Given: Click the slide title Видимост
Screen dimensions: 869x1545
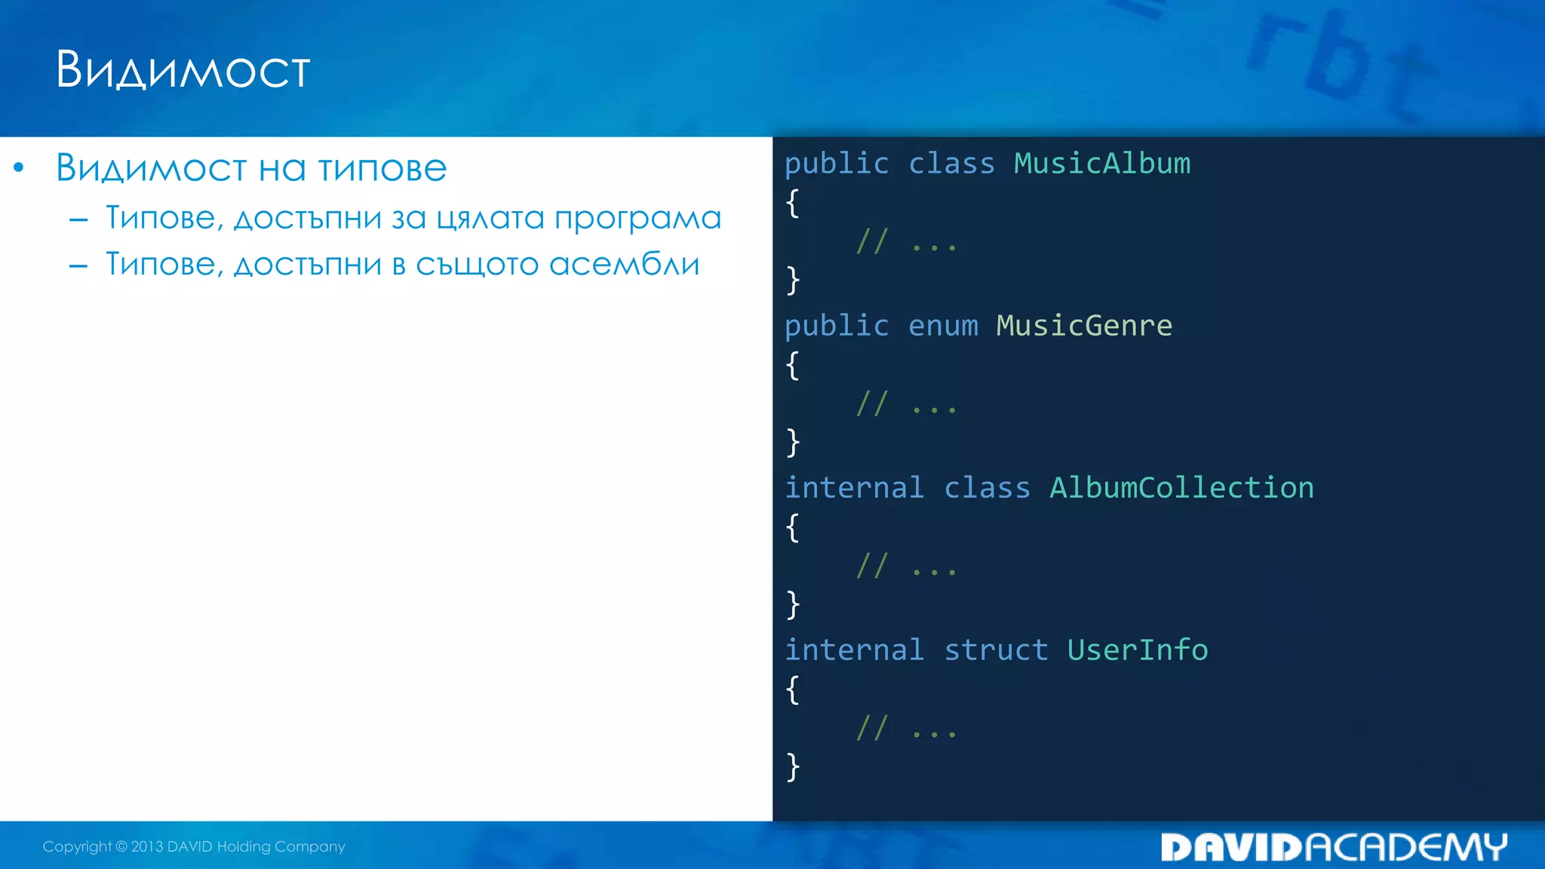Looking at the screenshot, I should tap(183, 70).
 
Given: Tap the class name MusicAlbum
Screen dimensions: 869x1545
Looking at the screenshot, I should tap(1101, 164).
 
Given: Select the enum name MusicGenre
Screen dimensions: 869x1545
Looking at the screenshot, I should tap(1084, 326).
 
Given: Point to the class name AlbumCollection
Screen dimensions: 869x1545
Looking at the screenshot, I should tap(1181, 488).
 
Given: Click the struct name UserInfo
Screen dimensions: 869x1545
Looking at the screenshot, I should tap(1137, 650).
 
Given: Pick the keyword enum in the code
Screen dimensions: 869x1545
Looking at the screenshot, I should tap(943, 326).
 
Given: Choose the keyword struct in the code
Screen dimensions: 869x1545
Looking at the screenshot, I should tap(996, 650).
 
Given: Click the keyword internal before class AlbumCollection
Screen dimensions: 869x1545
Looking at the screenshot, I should tap(854, 488).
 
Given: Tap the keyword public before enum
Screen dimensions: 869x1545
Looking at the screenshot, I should tap(837, 326).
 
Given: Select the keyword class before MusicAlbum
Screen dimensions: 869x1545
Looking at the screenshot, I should tap(951, 164).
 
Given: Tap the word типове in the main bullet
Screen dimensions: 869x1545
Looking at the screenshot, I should tap(382, 168).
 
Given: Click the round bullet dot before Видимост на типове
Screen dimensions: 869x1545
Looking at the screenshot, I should tap(19, 167).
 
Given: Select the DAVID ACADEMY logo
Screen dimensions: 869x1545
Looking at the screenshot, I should tap(1333, 847).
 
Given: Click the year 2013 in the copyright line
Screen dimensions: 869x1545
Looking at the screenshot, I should tap(147, 846).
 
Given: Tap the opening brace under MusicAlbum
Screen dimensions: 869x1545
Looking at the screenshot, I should tap(792, 203).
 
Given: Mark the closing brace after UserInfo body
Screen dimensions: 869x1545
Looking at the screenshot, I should tap(792, 766).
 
